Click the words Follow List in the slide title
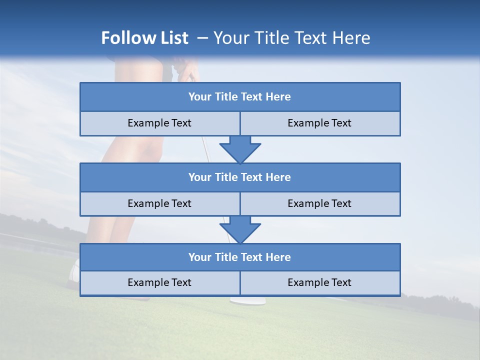point(144,38)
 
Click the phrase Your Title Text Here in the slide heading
point(291,38)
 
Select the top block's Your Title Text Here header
point(239,97)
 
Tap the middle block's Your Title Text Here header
point(239,177)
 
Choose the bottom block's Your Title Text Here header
point(239,257)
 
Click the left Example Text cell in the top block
point(159,123)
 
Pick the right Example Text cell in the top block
point(319,123)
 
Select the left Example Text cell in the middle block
point(159,203)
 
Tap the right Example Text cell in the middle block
point(319,203)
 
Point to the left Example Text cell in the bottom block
point(159,282)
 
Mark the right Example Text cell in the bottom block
point(319,282)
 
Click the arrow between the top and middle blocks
point(240,149)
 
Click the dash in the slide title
point(202,38)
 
